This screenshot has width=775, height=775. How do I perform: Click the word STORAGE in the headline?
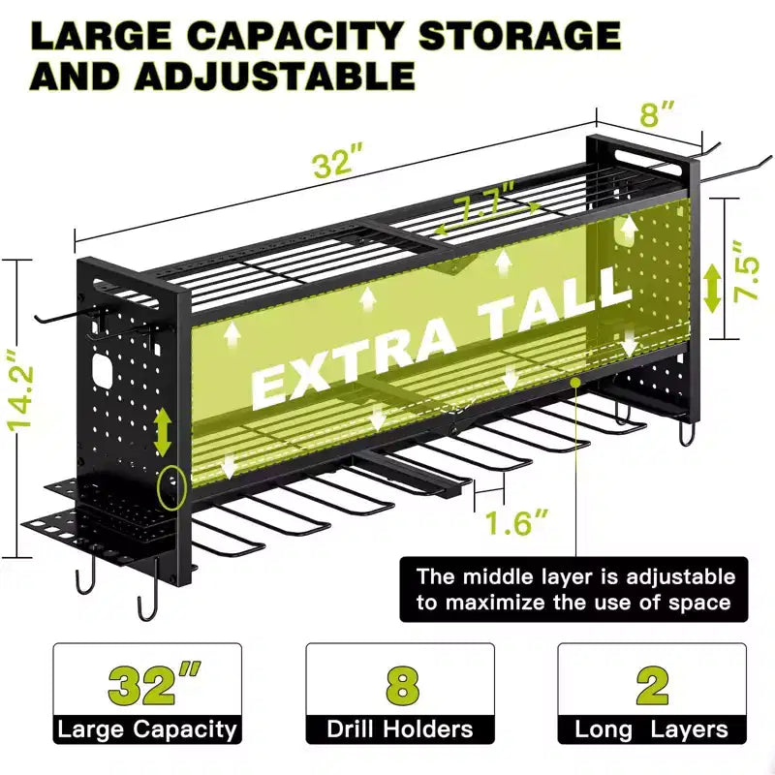point(519,35)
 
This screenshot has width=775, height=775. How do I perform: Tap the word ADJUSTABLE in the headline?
point(276,76)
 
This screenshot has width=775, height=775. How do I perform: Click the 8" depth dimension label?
point(657,113)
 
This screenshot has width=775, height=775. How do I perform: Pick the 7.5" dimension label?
point(746,270)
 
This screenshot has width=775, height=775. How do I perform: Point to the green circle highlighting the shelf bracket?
point(171,487)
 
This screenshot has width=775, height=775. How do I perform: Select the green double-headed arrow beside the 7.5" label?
point(712,289)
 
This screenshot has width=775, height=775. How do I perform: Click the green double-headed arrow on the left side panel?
point(162,433)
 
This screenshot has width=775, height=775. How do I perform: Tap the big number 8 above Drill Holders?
point(402,686)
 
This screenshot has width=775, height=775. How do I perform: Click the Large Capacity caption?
point(147,729)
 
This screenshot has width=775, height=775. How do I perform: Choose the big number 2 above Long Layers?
point(652,685)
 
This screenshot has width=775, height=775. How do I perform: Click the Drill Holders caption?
point(400,729)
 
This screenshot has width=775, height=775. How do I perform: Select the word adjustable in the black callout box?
point(681,577)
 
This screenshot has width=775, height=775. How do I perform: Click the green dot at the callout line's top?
point(575,382)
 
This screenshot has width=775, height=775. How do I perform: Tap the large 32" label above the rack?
point(338,159)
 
